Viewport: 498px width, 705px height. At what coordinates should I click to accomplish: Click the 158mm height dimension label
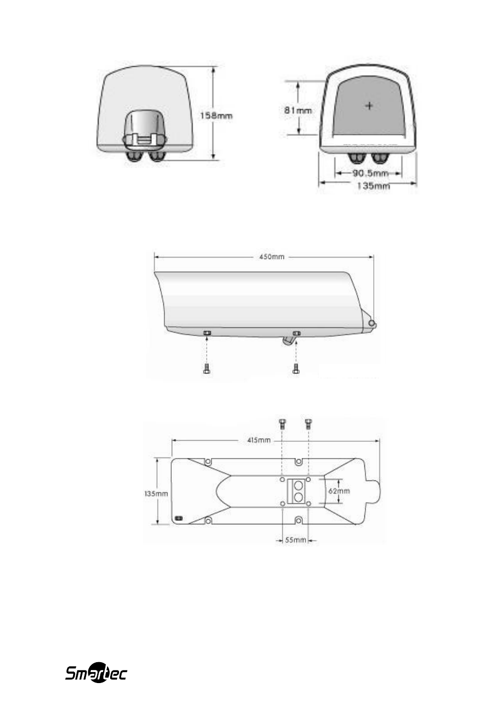pos(217,116)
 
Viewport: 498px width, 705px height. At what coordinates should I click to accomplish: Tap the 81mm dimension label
pos(298,111)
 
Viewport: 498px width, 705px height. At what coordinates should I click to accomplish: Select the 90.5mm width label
pos(370,173)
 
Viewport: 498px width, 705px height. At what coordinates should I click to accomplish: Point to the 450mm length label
pos(272,257)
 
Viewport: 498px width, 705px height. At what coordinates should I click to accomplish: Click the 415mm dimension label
pos(259,440)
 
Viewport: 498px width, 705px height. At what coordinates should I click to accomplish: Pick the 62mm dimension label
pos(339,491)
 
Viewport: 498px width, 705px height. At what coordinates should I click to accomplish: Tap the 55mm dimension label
pos(295,540)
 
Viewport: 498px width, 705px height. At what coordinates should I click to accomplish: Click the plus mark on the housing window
pos(370,105)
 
